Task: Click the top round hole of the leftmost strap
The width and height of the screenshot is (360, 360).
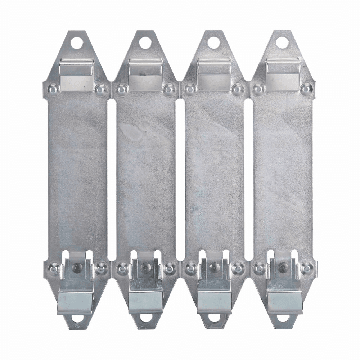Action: (x=77, y=43)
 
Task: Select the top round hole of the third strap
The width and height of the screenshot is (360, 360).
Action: (x=213, y=42)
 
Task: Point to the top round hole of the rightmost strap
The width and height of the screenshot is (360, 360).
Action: (x=282, y=42)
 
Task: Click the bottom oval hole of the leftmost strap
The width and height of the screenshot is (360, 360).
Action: (x=77, y=319)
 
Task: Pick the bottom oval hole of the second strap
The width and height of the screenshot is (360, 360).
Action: (x=146, y=319)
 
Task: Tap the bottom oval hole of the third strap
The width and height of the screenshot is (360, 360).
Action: (x=214, y=319)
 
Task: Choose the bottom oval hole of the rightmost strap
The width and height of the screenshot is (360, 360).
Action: (x=283, y=319)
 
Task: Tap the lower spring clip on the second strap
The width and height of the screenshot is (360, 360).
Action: (x=146, y=288)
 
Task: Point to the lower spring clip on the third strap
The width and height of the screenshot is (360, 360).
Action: (x=215, y=288)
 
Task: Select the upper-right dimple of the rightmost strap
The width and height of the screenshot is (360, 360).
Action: (x=306, y=88)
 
